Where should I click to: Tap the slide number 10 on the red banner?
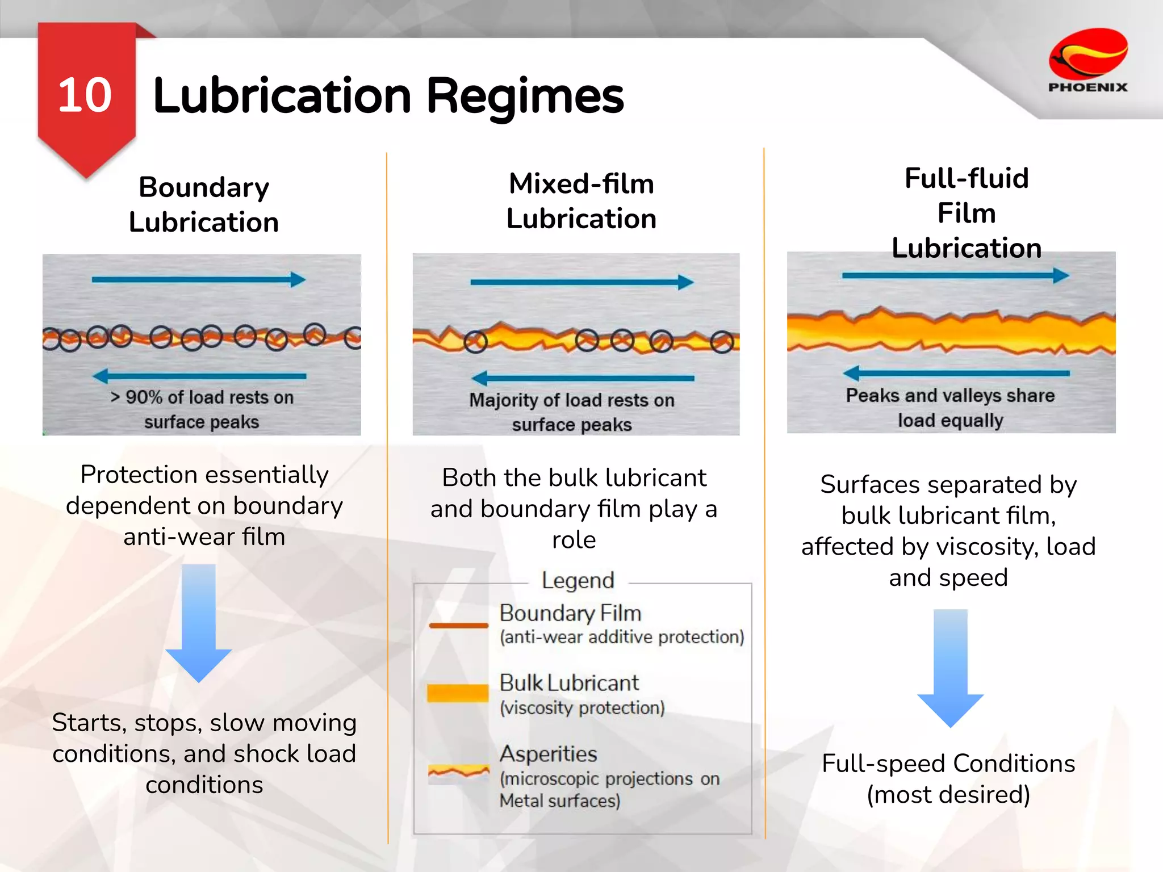pos(85,95)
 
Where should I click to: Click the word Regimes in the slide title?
pos(525,97)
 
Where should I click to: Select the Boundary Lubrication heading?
pos(204,204)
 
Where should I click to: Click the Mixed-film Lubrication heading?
pos(581,201)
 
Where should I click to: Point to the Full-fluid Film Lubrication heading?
pos(967,213)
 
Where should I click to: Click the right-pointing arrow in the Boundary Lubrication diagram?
pos(199,279)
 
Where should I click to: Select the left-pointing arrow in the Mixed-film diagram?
pos(583,378)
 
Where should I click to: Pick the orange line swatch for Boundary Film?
pos(458,626)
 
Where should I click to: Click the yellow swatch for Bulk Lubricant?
pos(458,693)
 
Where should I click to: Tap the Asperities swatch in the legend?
pos(458,773)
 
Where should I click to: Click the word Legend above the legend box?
pos(578,581)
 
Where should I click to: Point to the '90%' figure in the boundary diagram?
pos(144,397)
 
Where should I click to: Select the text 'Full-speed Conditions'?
pos(948,764)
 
